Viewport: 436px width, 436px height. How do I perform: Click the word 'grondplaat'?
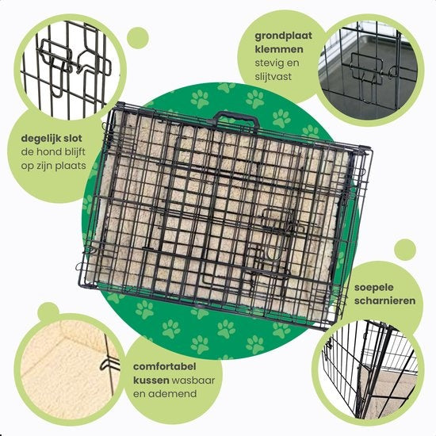[x=283, y=36]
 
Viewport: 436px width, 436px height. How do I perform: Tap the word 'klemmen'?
[x=279, y=49]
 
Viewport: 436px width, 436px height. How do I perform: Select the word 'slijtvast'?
[x=273, y=76]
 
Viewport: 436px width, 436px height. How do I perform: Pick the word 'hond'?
[x=50, y=152]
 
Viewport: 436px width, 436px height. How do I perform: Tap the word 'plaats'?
[x=71, y=166]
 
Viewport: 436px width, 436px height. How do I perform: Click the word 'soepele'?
[x=373, y=288]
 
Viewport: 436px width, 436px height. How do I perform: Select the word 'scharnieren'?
[x=384, y=300]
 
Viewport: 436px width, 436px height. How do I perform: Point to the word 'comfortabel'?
[x=165, y=366]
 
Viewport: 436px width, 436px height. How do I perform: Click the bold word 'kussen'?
[x=151, y=380]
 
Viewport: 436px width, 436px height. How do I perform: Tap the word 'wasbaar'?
[x=193, y=380]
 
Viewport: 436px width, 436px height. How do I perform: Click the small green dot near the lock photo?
[x=138, y=38]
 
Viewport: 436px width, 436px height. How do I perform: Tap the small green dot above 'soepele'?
[x=405, y=250]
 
